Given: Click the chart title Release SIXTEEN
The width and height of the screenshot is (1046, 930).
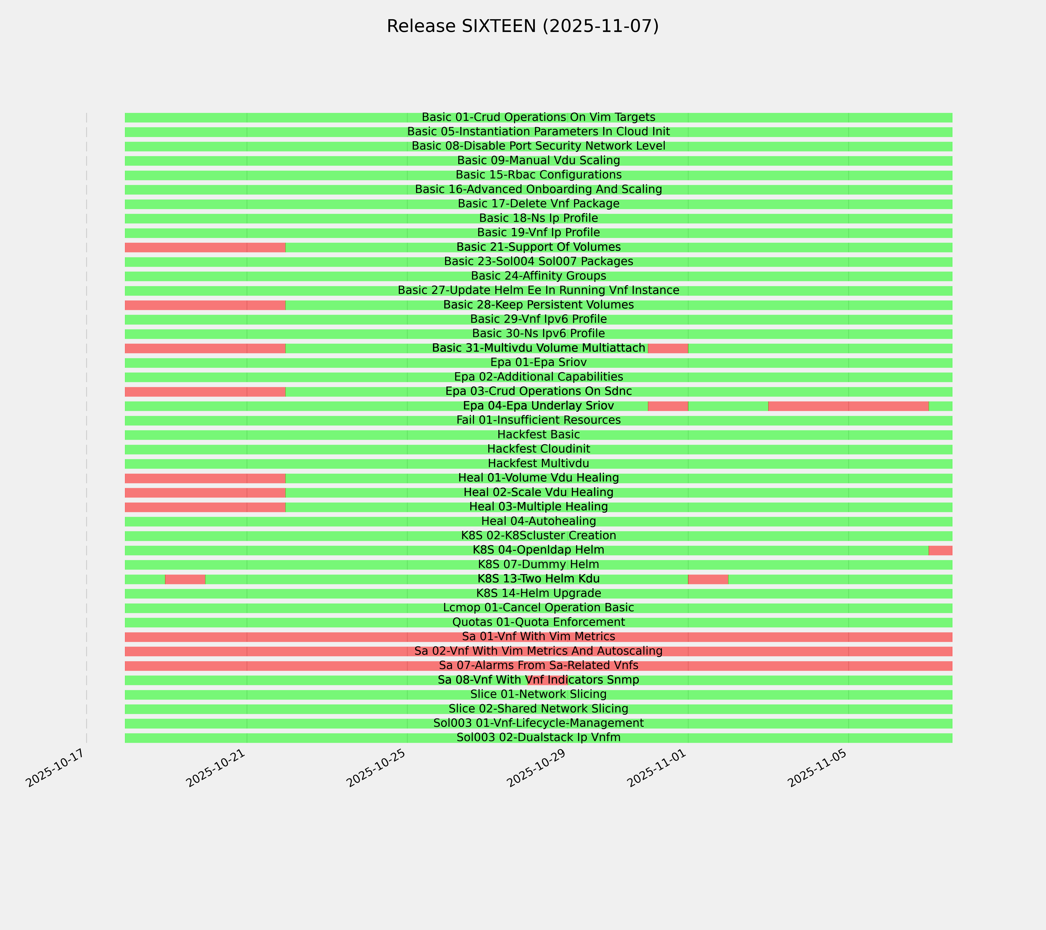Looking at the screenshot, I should coord(522,26).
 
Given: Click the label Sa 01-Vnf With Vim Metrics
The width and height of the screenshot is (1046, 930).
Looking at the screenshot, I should coord(538,637).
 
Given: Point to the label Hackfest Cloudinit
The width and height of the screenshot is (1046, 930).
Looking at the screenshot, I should coord(538,449).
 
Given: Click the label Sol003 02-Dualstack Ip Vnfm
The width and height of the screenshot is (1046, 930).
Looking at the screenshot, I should coord(538,738).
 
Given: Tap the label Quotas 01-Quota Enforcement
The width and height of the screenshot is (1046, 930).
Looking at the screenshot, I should coord(538,622).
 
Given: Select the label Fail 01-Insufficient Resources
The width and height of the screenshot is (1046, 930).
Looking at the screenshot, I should coord(538,420).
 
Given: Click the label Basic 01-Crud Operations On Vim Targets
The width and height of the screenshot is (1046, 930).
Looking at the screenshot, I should coord(538,117).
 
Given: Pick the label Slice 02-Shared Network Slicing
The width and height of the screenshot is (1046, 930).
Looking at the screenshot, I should coord(538,709).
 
